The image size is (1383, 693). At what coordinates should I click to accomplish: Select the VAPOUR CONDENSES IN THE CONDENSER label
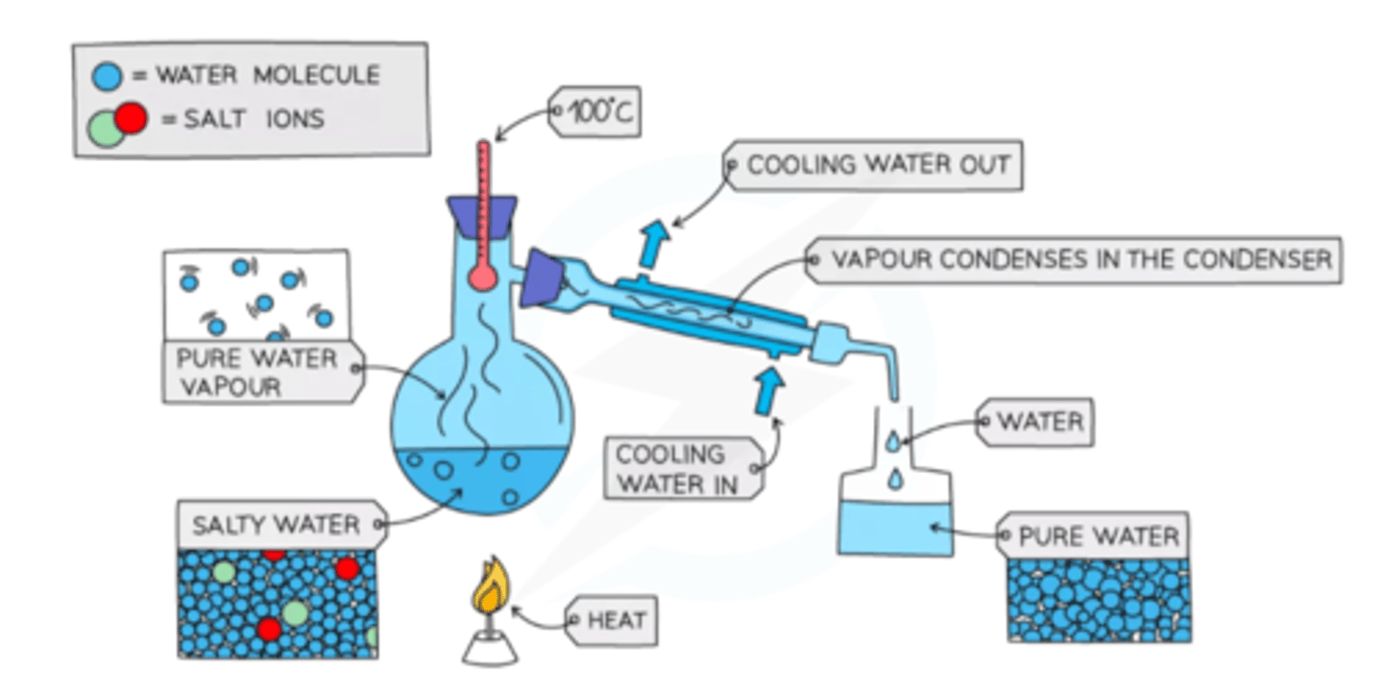pyautogui.click(x=1080, y=259)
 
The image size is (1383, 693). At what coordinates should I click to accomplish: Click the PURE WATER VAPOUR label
pyautogui.click(x=256, y=371)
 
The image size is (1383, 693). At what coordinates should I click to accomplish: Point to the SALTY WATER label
pyautogui.click(x=276, y=525)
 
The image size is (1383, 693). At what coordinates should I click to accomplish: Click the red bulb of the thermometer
pyautogui.click(x=483, y=277)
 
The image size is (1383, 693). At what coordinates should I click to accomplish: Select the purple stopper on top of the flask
pyautogui.click(x=483, y=214)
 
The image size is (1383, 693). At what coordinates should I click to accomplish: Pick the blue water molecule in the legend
pyautogui.click(x=109, y=76)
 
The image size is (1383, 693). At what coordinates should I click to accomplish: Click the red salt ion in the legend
pyautogui.click(x=131, y=117)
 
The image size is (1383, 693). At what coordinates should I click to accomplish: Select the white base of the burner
pyautogui.click(x=490, y=651)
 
